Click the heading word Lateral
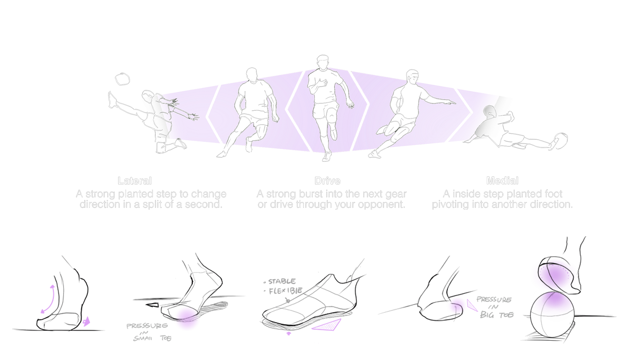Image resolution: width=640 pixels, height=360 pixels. (135, 181)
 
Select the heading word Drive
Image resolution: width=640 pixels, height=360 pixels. (327, 181)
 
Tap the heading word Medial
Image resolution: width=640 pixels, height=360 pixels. (502, 181)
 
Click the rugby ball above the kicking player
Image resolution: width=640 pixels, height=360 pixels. (122, 79)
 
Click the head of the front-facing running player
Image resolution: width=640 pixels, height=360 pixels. (323, 62)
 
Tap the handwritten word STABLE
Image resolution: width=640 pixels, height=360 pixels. (282, 281)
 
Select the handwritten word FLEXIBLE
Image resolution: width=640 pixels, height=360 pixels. (285, 291)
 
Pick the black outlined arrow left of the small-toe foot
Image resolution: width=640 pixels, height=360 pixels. (152, 305)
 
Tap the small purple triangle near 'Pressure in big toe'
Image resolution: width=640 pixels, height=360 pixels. (472, 305)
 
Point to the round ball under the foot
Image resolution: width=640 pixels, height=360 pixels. (552, 315)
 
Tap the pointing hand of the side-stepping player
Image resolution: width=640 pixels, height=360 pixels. (451, 103)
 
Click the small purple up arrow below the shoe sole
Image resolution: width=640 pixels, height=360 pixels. (289, 333)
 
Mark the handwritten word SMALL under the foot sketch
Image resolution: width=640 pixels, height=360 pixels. (142, 338)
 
